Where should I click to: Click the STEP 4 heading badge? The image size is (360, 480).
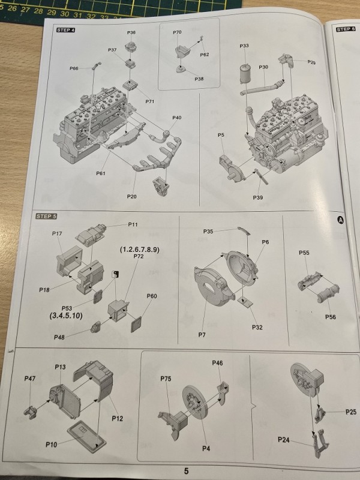[x=65, y=30]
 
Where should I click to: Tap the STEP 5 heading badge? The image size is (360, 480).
[x=46, y=216]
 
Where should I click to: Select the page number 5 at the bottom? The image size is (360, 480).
[x=186, y=471]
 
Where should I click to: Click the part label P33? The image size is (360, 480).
[x=244, y=46]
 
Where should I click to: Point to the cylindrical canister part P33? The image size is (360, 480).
[x=246, y=73]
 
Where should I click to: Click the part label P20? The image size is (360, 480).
[x=131, y=197]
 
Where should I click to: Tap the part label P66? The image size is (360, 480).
[x=74, y=68]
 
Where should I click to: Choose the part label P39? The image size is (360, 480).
[x=258, y=197]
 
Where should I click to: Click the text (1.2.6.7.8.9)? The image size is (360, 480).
[x=140, y=250]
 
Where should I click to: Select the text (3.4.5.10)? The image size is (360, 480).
[x=66, y=316]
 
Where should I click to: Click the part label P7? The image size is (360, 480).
[x=202, y=335]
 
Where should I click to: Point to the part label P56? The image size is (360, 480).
[x=331, y=317]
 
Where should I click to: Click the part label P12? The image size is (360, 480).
[x=117, y=418]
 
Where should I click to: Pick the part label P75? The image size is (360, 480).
[x=166, y=379]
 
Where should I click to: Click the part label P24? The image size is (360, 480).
[x=283, y=440]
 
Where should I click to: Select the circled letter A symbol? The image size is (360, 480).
[x=340, y=220]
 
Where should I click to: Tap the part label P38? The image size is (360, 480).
[x=199, y=79]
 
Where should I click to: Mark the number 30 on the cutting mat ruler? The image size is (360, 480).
[x=65, y=13]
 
